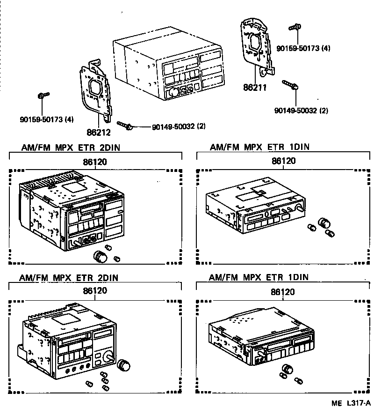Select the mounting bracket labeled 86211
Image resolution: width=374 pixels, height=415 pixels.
(257, 47)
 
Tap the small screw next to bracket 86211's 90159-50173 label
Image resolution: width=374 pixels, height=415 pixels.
(294, 28)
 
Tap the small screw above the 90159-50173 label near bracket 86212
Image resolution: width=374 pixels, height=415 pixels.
(43, 96)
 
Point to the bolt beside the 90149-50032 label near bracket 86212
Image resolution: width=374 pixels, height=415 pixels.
(125, 125)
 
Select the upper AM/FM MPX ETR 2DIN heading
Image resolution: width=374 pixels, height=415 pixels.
(70, 148)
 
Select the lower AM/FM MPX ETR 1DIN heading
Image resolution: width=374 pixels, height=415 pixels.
(259, 277)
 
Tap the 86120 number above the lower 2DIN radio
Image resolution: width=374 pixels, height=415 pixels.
(95, 290)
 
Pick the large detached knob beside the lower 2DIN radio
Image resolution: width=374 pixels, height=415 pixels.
(124, 364)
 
